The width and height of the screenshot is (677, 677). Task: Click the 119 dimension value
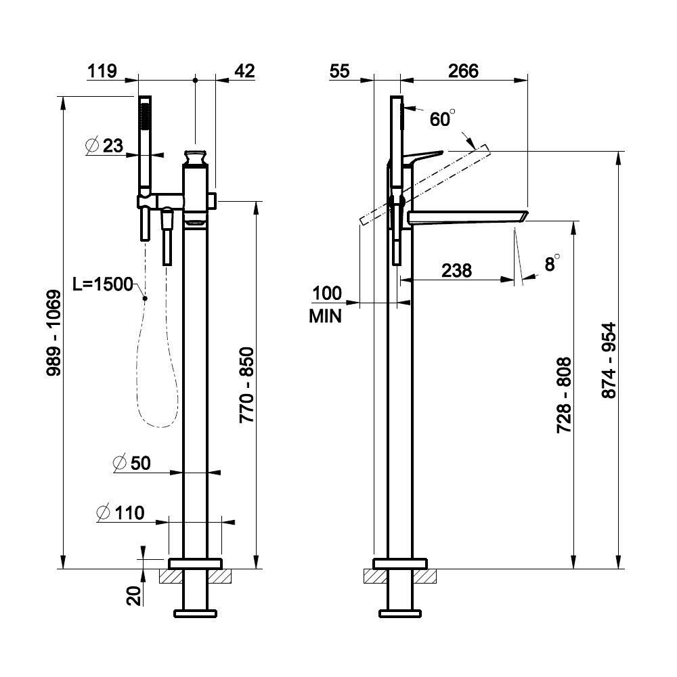coord(102,71)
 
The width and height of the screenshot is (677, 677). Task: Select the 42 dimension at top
coord(244,71)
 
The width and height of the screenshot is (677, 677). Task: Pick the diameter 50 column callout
coord(132,463)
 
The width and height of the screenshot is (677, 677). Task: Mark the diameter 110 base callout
coord(121,513)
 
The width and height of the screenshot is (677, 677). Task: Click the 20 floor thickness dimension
coord(133,595)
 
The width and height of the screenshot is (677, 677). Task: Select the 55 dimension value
coord(340,71)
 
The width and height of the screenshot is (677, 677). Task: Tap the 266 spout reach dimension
coord(464,71)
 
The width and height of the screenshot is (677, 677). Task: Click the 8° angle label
coord(552,263)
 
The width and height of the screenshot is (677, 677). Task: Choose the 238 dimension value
coord(457,270)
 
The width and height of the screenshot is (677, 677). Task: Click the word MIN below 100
coord(326,315)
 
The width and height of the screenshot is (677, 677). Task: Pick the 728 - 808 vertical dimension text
coord(564,395)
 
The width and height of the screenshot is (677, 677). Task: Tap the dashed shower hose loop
coord(157,379)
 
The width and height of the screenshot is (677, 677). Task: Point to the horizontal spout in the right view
coord(467,216)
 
